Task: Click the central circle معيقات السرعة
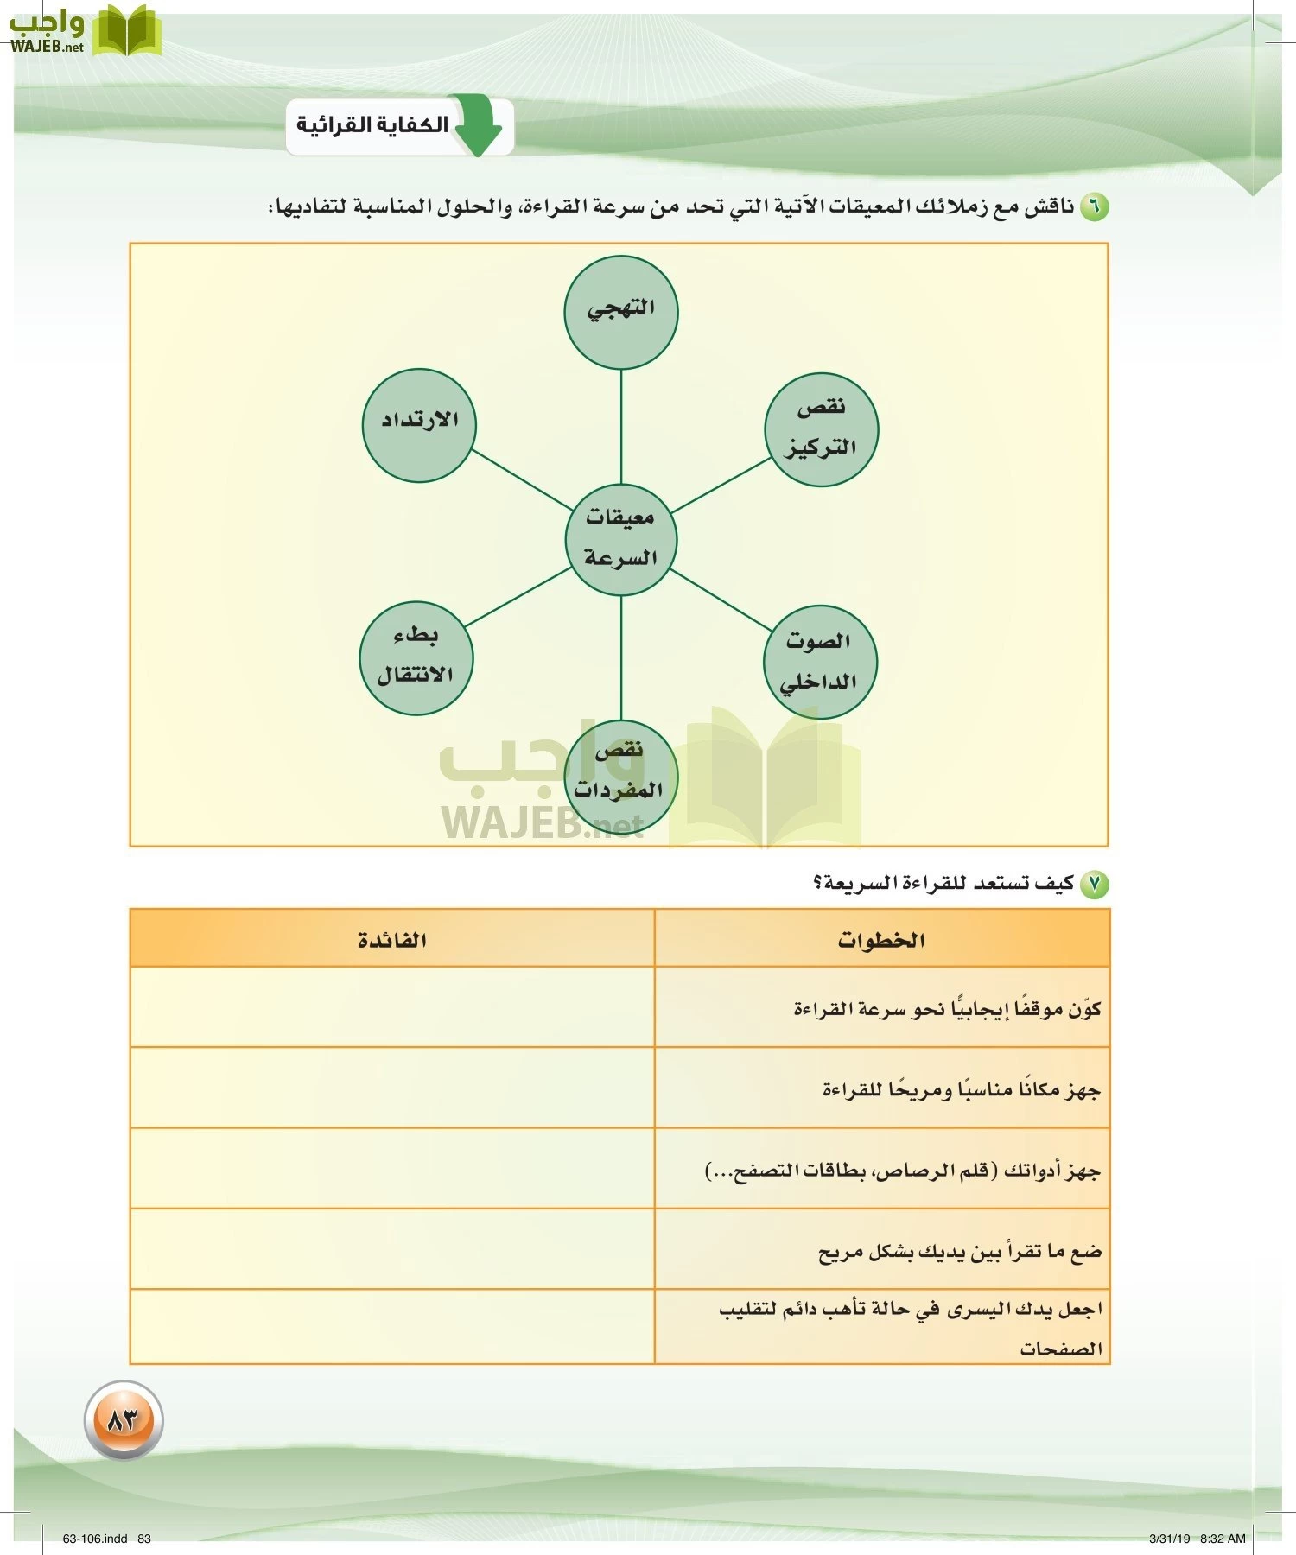(620, 539)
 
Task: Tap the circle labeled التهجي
(620, 312)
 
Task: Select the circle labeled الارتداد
(419, 424)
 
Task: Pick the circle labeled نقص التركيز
(821, 429)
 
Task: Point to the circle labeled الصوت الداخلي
(819, 662)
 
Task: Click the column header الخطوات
(881, 940)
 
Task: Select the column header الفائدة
(392, 940)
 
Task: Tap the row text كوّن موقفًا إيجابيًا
(947, 1009)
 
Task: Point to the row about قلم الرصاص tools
(903, 1171)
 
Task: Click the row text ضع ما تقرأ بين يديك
(959, 1252)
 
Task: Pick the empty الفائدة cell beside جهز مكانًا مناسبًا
(392, 1088)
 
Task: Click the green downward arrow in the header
(478, 126)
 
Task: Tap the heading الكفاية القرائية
(372, 125)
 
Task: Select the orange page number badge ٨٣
(124, 1419)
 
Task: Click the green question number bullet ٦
(1094, 207)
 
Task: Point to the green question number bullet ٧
(1094, 884)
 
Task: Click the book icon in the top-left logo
(126, 31)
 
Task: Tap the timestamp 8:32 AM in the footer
(1223, 1539)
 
